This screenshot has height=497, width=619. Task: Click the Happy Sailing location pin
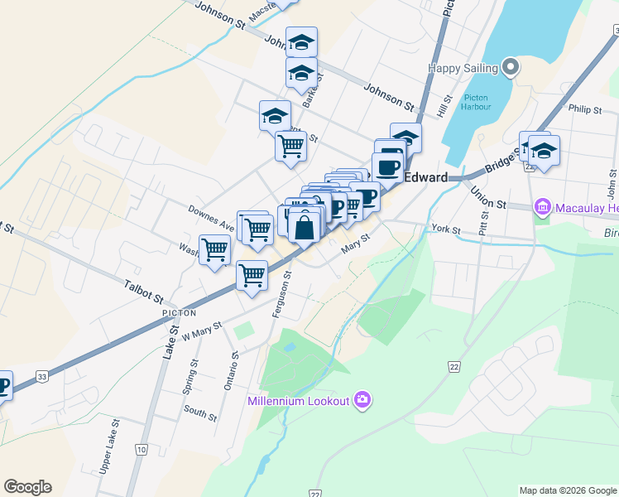511,68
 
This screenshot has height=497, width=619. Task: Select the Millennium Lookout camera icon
362,401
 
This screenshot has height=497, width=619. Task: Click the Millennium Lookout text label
299,402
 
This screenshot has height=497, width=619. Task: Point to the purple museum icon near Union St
543,205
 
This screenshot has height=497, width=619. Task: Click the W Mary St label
203,330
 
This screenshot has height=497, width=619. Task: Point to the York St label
445,228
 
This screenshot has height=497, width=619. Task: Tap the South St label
200,412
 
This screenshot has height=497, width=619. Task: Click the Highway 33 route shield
41,378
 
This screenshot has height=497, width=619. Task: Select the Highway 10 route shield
142,450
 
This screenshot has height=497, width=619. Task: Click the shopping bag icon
305,227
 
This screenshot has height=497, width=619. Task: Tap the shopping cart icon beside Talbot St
252,276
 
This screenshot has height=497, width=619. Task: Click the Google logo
27,487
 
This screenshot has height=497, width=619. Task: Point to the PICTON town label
180,313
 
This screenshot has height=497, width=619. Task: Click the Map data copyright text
568,490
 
